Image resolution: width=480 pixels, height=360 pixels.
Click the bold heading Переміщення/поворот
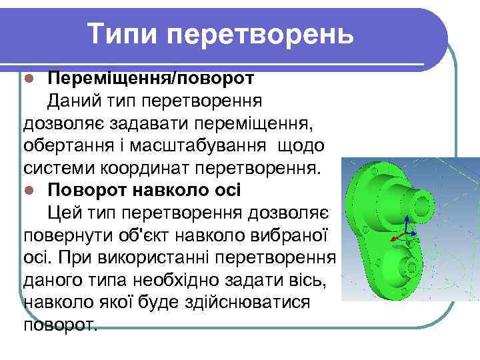[x=150, y=78]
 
